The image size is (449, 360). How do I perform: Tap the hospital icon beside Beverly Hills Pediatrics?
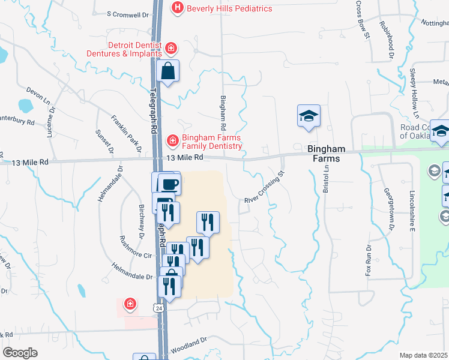point(178,8)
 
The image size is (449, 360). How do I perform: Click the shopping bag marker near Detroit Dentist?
point(168,71)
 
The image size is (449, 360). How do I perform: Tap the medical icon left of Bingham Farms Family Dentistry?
point(172,140)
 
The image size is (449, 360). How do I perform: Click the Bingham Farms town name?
point(327,154)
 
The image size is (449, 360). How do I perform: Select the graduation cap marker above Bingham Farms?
point(309,116)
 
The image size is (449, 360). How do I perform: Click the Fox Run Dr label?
point(369,262)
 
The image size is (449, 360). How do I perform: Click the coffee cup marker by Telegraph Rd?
point(169,184)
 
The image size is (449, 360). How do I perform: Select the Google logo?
point(20,352)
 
